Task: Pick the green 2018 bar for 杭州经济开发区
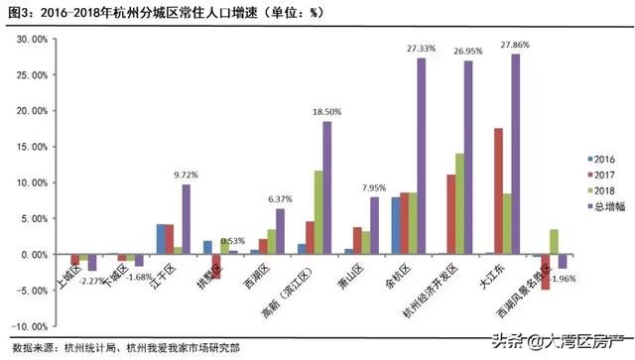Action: pyautogui.click(x=459, y=203)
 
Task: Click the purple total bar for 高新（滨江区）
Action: pyautogui.click(x=327, y=187)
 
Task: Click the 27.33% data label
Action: pyautogui.click(x=422, y=48)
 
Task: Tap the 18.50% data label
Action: pyautogui.click(x=327, y=112)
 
